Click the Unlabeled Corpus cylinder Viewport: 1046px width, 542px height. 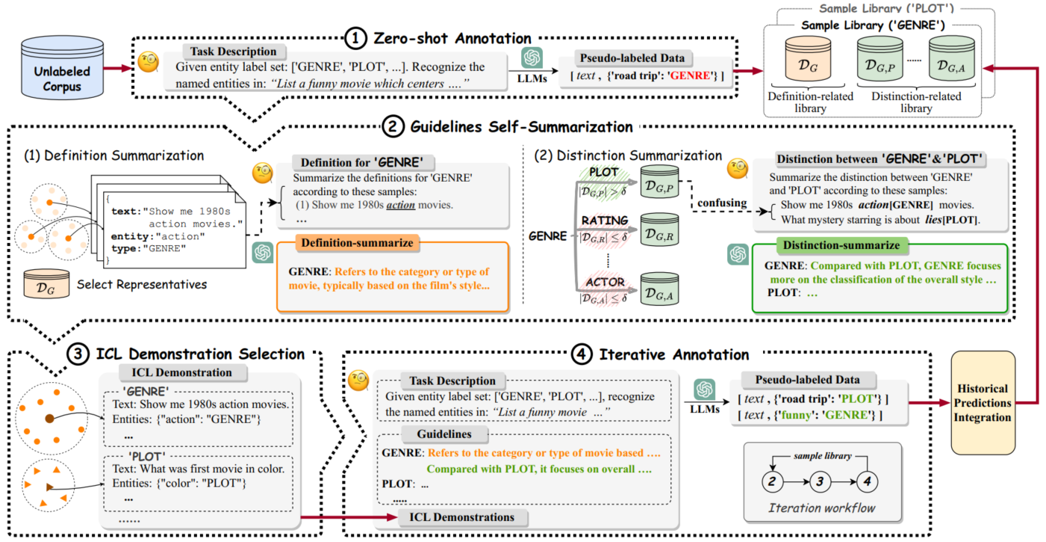tap(62, 67)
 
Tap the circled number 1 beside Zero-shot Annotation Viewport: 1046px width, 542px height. tap(355, 38)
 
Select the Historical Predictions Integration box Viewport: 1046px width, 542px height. tap(983, 403)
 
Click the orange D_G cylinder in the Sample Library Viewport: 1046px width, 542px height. tap(808, 59)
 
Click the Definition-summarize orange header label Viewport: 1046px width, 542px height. tap(357, 243)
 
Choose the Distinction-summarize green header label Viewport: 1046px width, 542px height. tap(841, 245)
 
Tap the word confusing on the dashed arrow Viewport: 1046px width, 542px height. tap(722, 203)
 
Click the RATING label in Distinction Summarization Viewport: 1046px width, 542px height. tap(605, 221)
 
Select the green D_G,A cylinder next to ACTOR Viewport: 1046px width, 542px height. tap(659, 289)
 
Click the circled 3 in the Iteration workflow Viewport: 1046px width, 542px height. tap(820, 481)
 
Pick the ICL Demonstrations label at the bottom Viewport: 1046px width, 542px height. tap(462, 517)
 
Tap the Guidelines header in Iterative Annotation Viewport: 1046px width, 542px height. tap(444, 434)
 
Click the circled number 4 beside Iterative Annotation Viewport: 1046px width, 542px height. tap(582, 354)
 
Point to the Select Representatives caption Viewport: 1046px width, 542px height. tap(142, 284)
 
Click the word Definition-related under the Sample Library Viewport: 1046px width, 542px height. tap(810, 96)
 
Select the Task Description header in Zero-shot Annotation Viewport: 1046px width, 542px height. tap(233, 52)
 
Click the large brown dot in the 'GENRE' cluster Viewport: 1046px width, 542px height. tap(49, 419)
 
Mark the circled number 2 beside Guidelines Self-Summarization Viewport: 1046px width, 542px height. tap(393, 126)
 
